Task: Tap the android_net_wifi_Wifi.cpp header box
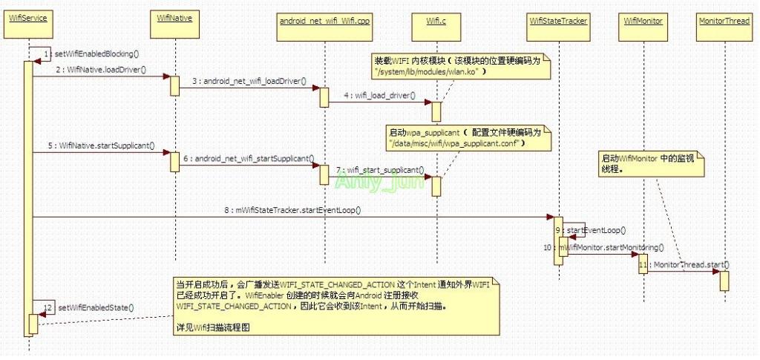point(324,21)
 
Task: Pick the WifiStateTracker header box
point(559,21)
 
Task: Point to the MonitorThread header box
point(724,21)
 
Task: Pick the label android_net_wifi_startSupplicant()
point(248,158)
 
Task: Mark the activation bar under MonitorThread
point(724,280)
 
